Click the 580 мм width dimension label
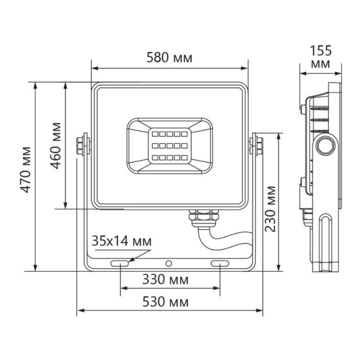click(169, 58)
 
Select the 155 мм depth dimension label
click(320, 57)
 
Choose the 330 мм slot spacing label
click(169, 279)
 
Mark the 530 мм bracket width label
click(169, 302)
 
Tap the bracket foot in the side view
click(327, 242)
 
